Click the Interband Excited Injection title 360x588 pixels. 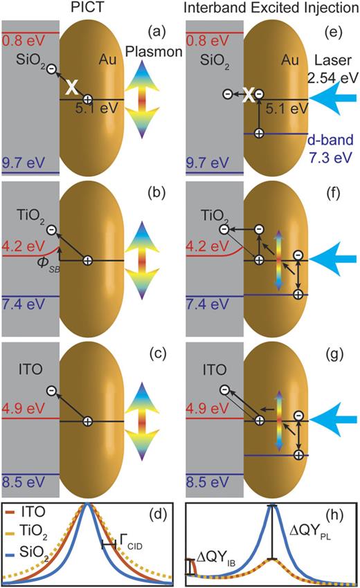pyautogui.click(x=271, y=9)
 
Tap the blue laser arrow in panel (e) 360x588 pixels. pyautogui.click(x=332, y=99)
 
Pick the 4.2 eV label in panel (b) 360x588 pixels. pyautogui.click(x=20, y=244)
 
